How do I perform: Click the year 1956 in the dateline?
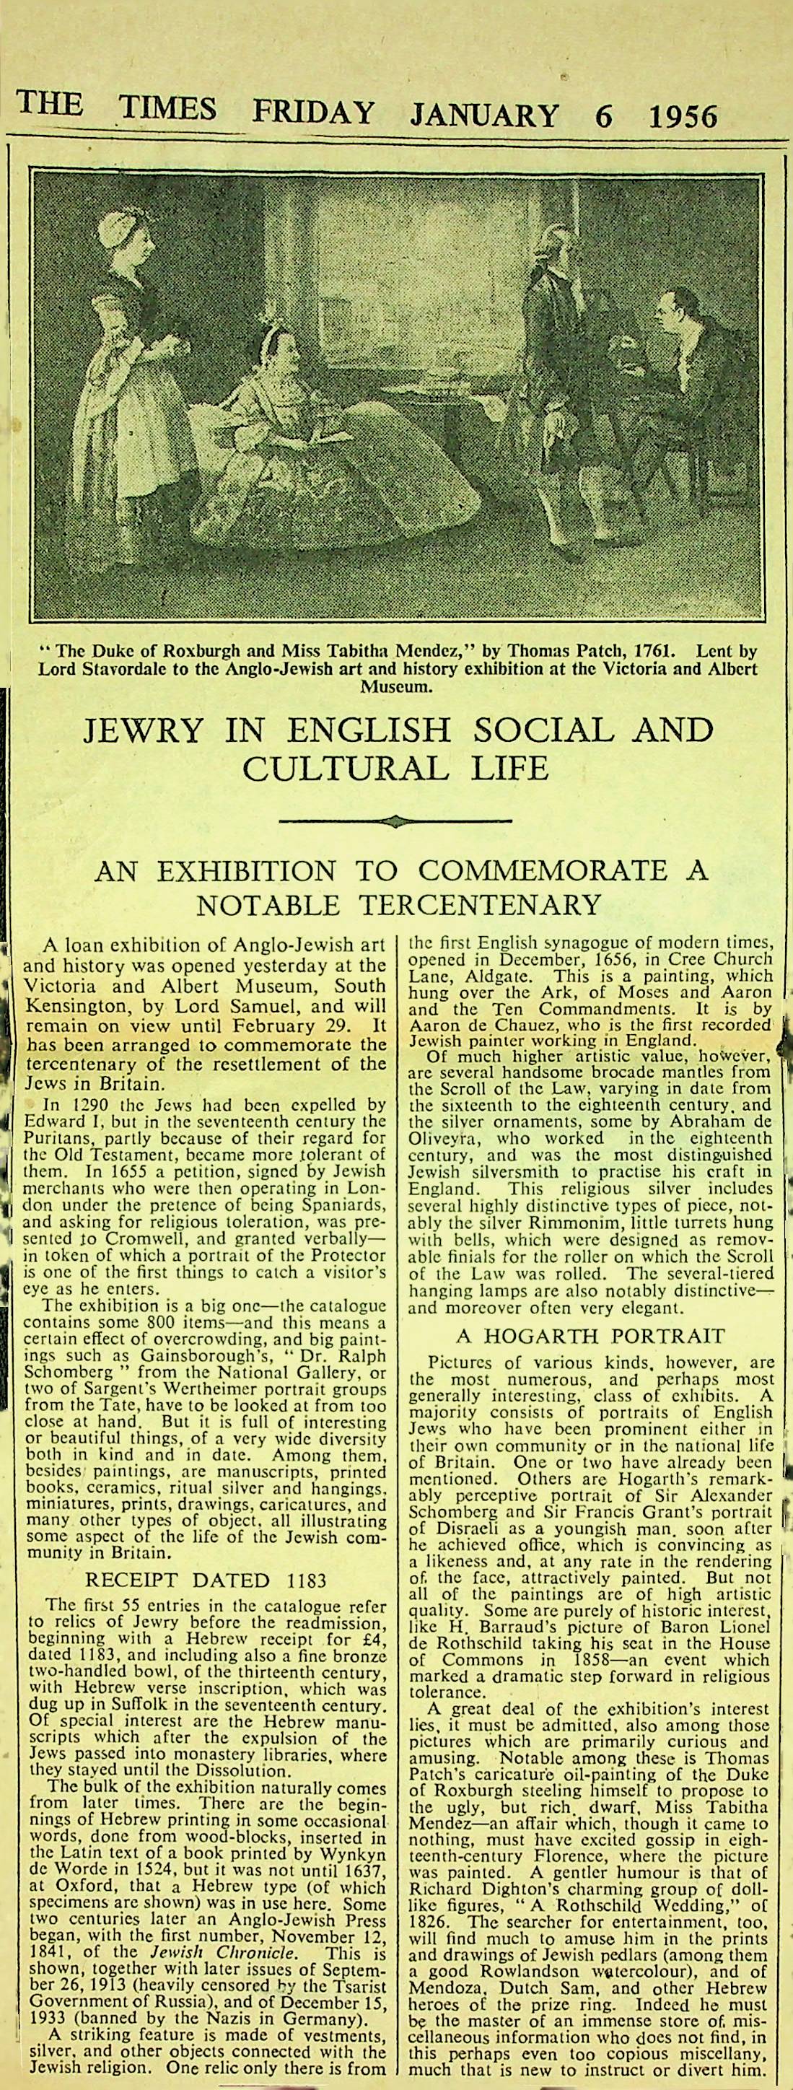click(x=683, y=116)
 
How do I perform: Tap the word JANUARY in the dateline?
click(x=484, y=115)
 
